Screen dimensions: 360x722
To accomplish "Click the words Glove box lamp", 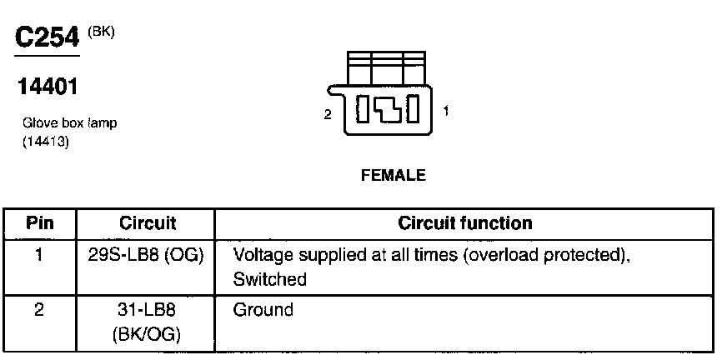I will point(69,123).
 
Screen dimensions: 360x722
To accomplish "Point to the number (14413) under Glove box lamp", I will point(45,142).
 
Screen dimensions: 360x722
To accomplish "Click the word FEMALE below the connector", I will point(393,176).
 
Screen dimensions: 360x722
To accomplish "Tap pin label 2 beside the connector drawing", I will point(328,114).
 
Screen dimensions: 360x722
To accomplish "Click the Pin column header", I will point(40,223).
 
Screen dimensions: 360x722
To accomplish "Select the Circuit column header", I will point(148,223).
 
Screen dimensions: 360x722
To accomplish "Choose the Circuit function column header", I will point(465,223).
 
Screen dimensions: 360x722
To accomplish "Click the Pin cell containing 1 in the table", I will point(39,255).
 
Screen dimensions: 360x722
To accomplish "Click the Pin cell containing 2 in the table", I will point(39,311).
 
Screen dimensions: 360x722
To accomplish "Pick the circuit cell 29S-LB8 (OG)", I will point(147,255).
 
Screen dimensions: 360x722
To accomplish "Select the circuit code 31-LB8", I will point(147,311).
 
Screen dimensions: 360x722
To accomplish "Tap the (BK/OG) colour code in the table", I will point(147,335).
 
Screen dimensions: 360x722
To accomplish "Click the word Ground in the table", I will point(263,311).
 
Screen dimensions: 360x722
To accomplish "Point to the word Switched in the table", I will point(270,280).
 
